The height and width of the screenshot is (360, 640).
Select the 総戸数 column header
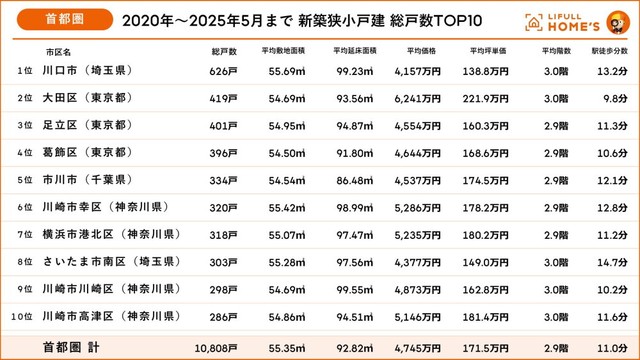pos(224,50)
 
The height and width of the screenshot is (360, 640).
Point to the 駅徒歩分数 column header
pos(609,50)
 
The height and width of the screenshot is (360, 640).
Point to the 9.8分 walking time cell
pos(613,98)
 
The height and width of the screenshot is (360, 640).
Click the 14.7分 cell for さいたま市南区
pos(611,262)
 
